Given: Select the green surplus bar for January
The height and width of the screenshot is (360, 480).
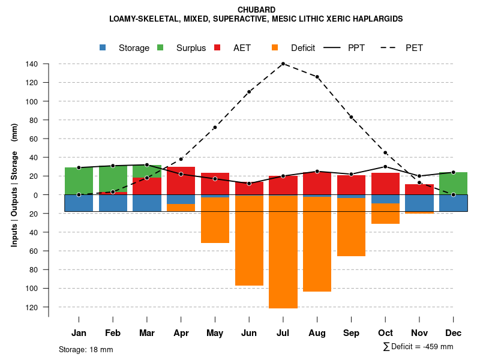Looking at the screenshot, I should pos(79,181).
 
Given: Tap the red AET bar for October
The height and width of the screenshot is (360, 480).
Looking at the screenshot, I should pos(385,184).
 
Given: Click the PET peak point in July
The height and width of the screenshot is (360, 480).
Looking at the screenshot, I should pos(283,64).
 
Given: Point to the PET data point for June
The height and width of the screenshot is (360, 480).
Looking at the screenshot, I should pos(249,92).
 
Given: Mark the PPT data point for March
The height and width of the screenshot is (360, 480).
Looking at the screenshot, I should pos(147,164).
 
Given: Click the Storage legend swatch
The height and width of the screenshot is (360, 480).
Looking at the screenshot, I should pos(103,47).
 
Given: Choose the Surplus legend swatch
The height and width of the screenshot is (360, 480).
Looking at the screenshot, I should pos(160,47).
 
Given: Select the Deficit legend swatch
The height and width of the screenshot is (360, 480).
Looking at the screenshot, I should pos(275,47).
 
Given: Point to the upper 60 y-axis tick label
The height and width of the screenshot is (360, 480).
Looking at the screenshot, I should pos(34,139).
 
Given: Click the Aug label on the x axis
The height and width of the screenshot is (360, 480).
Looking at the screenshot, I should pos(317,333).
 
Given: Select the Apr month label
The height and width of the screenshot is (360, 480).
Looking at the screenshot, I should pos(181,333).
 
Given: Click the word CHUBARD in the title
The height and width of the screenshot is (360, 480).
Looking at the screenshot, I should pos(256,10).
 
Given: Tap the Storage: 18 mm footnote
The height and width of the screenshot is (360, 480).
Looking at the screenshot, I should pos(86,349).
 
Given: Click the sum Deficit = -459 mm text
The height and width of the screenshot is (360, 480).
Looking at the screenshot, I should pos(418,346).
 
